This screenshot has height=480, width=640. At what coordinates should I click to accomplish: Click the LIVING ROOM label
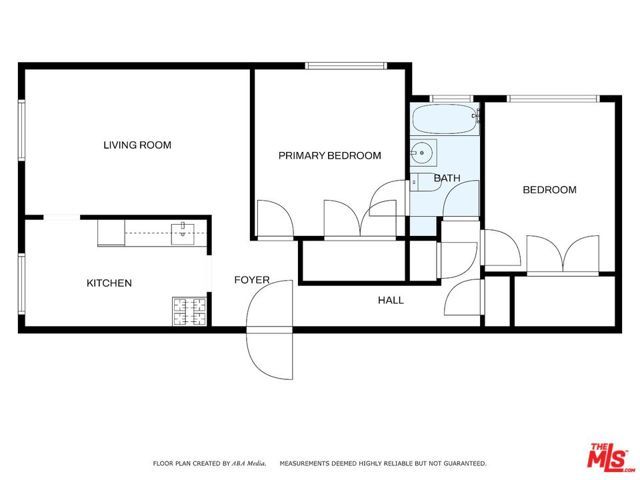tap(137, 145)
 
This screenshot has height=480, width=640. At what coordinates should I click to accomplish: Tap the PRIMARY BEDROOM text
tap(329, 155)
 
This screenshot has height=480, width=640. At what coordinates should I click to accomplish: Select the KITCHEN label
tap(109, 283)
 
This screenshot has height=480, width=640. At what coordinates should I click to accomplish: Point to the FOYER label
tap(252, 280)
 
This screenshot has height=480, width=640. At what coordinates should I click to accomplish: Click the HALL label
tap(391, 299)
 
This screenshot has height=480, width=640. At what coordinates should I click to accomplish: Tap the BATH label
tap(446, 179)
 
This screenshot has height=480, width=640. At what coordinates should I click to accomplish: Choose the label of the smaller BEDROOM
tap(550, 190)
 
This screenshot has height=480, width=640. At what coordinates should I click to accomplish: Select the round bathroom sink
tap(421, 154)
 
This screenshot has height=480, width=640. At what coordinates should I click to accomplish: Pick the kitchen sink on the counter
tap(183, 234)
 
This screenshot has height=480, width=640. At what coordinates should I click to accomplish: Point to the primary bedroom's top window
tap(346, 67)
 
